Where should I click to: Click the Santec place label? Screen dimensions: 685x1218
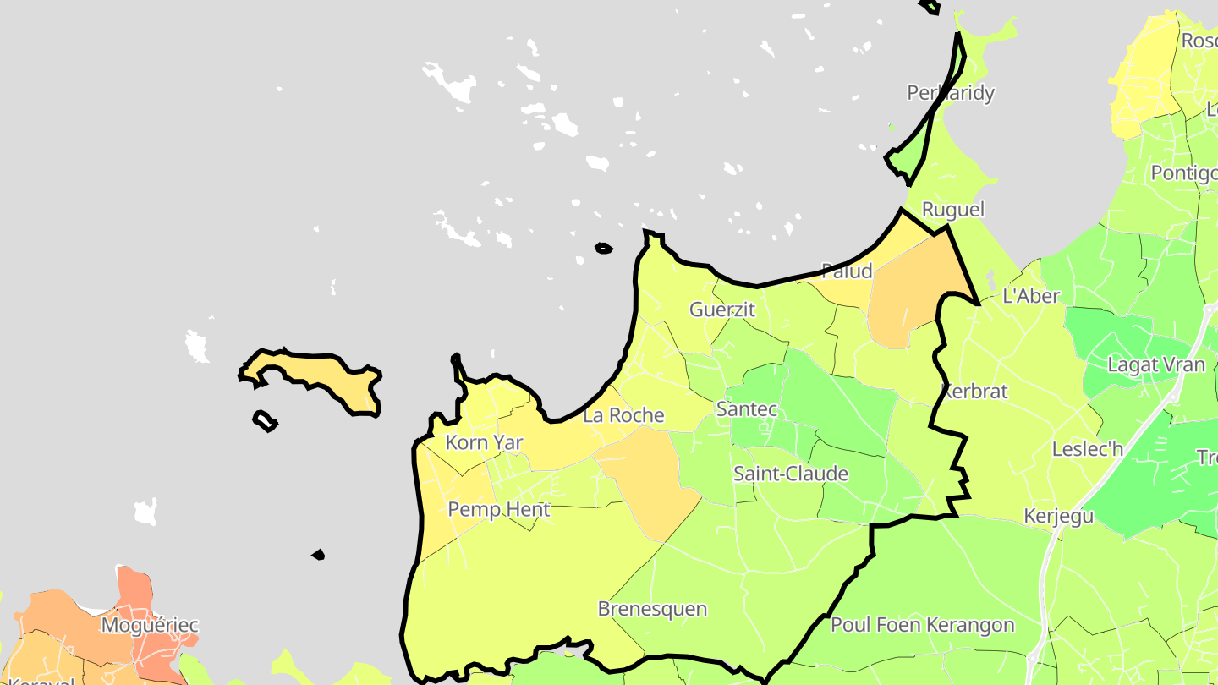click(746, 409)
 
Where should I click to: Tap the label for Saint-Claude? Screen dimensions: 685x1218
click(790, 474)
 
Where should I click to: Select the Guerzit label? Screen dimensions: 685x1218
click(721, 310)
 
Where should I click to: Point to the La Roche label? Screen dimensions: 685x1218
click(623, 415)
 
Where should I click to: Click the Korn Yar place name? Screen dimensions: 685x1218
click(484, 442)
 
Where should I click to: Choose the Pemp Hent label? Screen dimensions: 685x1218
click(498, 509)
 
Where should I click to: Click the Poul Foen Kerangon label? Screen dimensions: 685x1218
click(922, 625)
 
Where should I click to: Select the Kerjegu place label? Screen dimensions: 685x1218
click(1058, 516)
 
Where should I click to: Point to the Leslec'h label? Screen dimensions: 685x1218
click(1087, 449)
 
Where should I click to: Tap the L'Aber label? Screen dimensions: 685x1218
click(1030, 296)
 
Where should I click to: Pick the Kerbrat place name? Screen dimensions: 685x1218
click(974, 392)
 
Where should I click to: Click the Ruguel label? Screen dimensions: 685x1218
click(952, 210)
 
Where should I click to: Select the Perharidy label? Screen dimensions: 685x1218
click(950, 93)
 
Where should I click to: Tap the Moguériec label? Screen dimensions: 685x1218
click(149, 626)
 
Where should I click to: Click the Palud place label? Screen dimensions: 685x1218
click(847, 271)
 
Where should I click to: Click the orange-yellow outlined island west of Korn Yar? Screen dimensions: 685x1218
click(321, 378)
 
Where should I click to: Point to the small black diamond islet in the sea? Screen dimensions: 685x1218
click(318, 555)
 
